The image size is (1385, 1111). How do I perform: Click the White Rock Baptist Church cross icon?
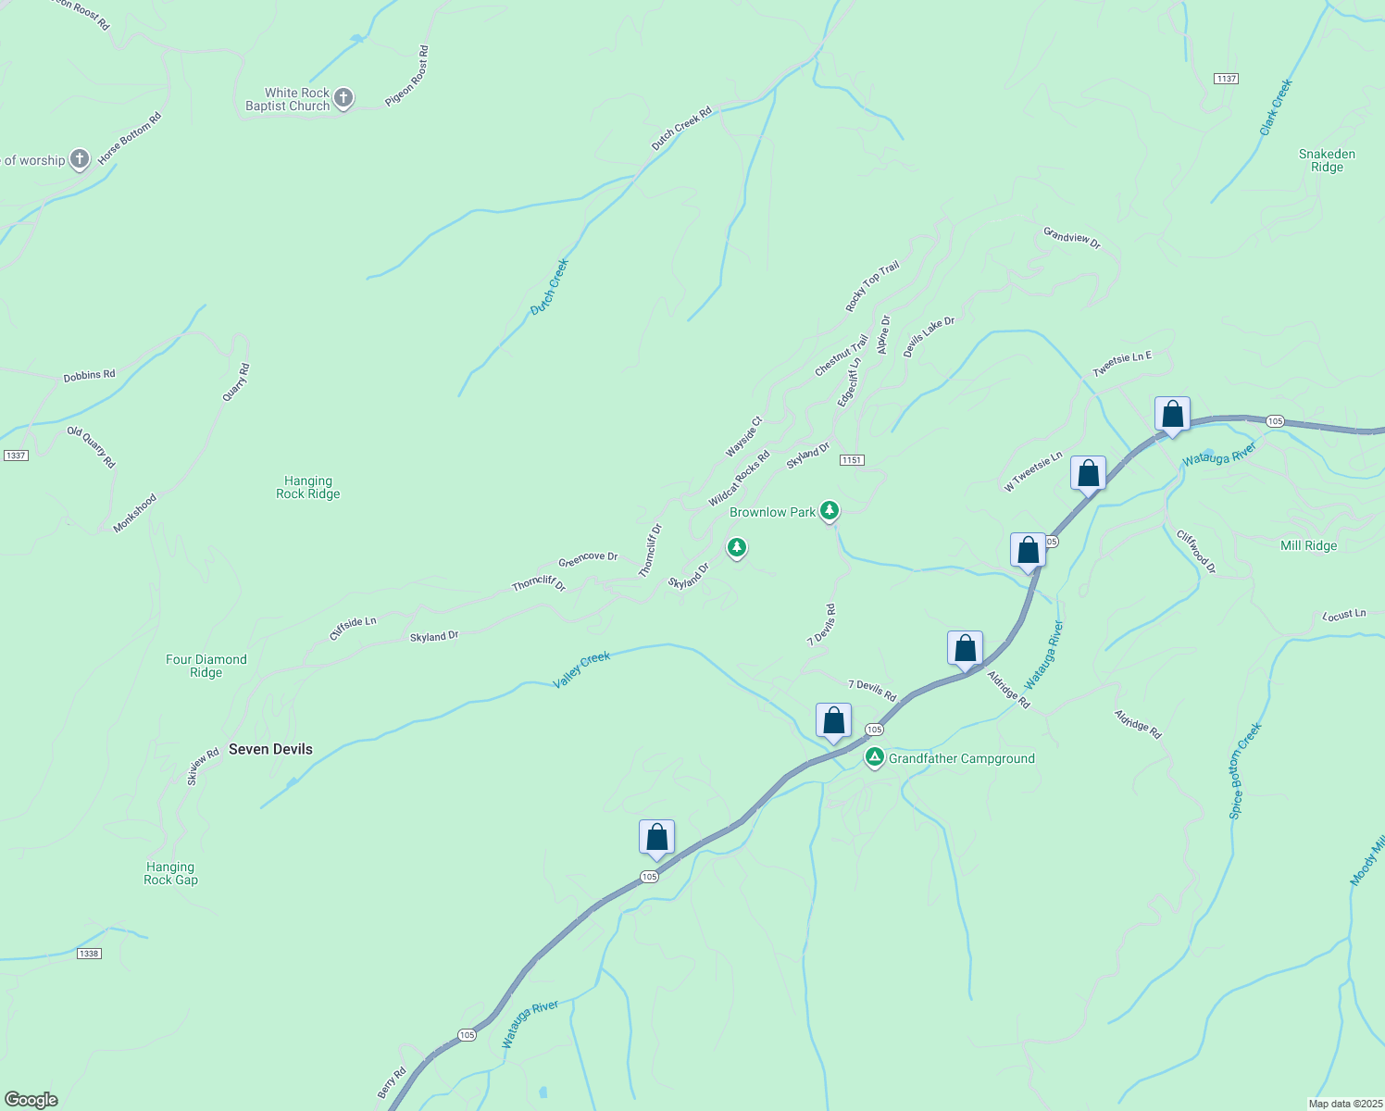[x=343, y=98]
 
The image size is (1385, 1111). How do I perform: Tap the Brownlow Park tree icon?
[x=830, y=510]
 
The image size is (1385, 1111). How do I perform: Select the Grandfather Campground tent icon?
[x=874, y=758]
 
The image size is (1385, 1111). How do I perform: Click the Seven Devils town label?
[x=270, y=749]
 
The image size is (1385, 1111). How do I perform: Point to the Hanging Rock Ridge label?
[x=308, y=487]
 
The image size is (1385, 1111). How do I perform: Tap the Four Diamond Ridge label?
[x=206, y=666]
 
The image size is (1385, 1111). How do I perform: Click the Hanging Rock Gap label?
[x=170, y=873]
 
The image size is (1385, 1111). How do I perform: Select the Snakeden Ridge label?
[x=1327, y=160]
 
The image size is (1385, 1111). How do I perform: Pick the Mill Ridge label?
[x=1308, y=545]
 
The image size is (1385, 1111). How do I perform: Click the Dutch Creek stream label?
[x=550, y=287]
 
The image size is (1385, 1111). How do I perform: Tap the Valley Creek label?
[x=581, y=669]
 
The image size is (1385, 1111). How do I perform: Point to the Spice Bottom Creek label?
[x=1245, y=771]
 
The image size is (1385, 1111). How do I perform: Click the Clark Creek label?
[x=1276, y=107]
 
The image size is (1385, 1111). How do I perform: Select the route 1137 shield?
[x=1226, y=79]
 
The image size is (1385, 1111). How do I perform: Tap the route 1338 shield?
[x=88, y=954]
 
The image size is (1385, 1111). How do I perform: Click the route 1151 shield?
[x=852, y=460]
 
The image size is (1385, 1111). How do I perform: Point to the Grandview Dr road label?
[x=1071, y=238]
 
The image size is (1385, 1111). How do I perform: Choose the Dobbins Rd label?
[x=89, y=376]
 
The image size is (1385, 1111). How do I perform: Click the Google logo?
[x=31, y=1099]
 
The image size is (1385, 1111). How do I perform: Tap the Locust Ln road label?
[x=1344, y=615]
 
